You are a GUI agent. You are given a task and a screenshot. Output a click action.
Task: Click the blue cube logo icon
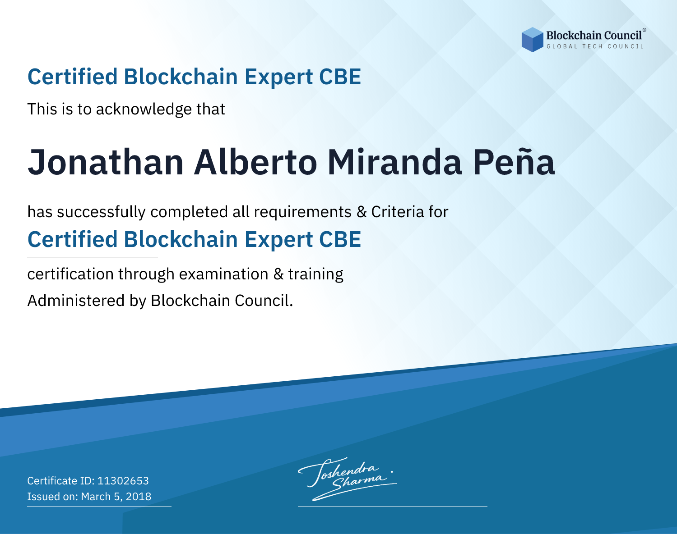click(532, 40)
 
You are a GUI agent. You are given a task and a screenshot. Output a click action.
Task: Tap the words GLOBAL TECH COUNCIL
click(595, 46)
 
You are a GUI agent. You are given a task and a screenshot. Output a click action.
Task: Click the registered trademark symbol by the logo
click(644, 30)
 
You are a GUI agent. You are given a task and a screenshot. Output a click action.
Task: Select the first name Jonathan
click(106, 162)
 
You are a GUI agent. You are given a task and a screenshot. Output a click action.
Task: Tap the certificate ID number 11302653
click(123, 480)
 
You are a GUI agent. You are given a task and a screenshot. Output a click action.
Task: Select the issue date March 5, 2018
click(116, 497)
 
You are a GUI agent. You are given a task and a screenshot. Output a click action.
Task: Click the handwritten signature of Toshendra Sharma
click(348, 479)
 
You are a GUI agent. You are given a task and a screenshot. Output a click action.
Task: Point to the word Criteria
click(397, 212)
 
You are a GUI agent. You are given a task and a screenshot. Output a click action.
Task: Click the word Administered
click(76, 301)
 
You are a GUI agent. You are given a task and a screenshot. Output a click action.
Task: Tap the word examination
click(224, 274)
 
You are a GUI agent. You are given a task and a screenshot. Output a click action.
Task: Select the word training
click(316, 274)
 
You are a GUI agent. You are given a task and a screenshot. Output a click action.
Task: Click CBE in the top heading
click(340, 77)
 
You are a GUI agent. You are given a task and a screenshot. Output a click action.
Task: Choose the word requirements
click(303, 212)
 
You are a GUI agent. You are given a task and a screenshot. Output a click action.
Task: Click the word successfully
click(101, 212)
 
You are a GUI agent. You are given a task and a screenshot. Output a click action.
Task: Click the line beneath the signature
click(393, 507)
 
